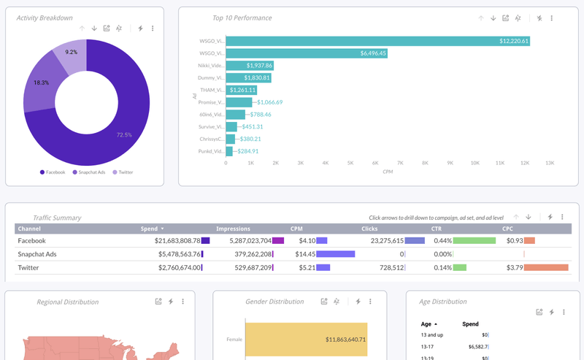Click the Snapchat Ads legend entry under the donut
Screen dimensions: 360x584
point(91,172)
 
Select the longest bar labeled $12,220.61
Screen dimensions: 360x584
point(377,41)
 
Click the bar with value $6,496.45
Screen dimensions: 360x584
point(307,53)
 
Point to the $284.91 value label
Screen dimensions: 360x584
point(246,151)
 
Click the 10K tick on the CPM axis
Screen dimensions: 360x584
point(474,163)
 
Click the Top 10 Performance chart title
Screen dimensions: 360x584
point(242,18)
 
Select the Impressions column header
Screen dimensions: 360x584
point(233,229)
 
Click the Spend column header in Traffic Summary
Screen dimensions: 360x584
point(149,229)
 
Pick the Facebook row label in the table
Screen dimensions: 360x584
point(31,240)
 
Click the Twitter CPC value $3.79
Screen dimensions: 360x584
point(514,268)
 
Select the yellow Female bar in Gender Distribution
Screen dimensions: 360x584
point(306,340)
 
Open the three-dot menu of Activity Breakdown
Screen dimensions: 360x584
point(153,28)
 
